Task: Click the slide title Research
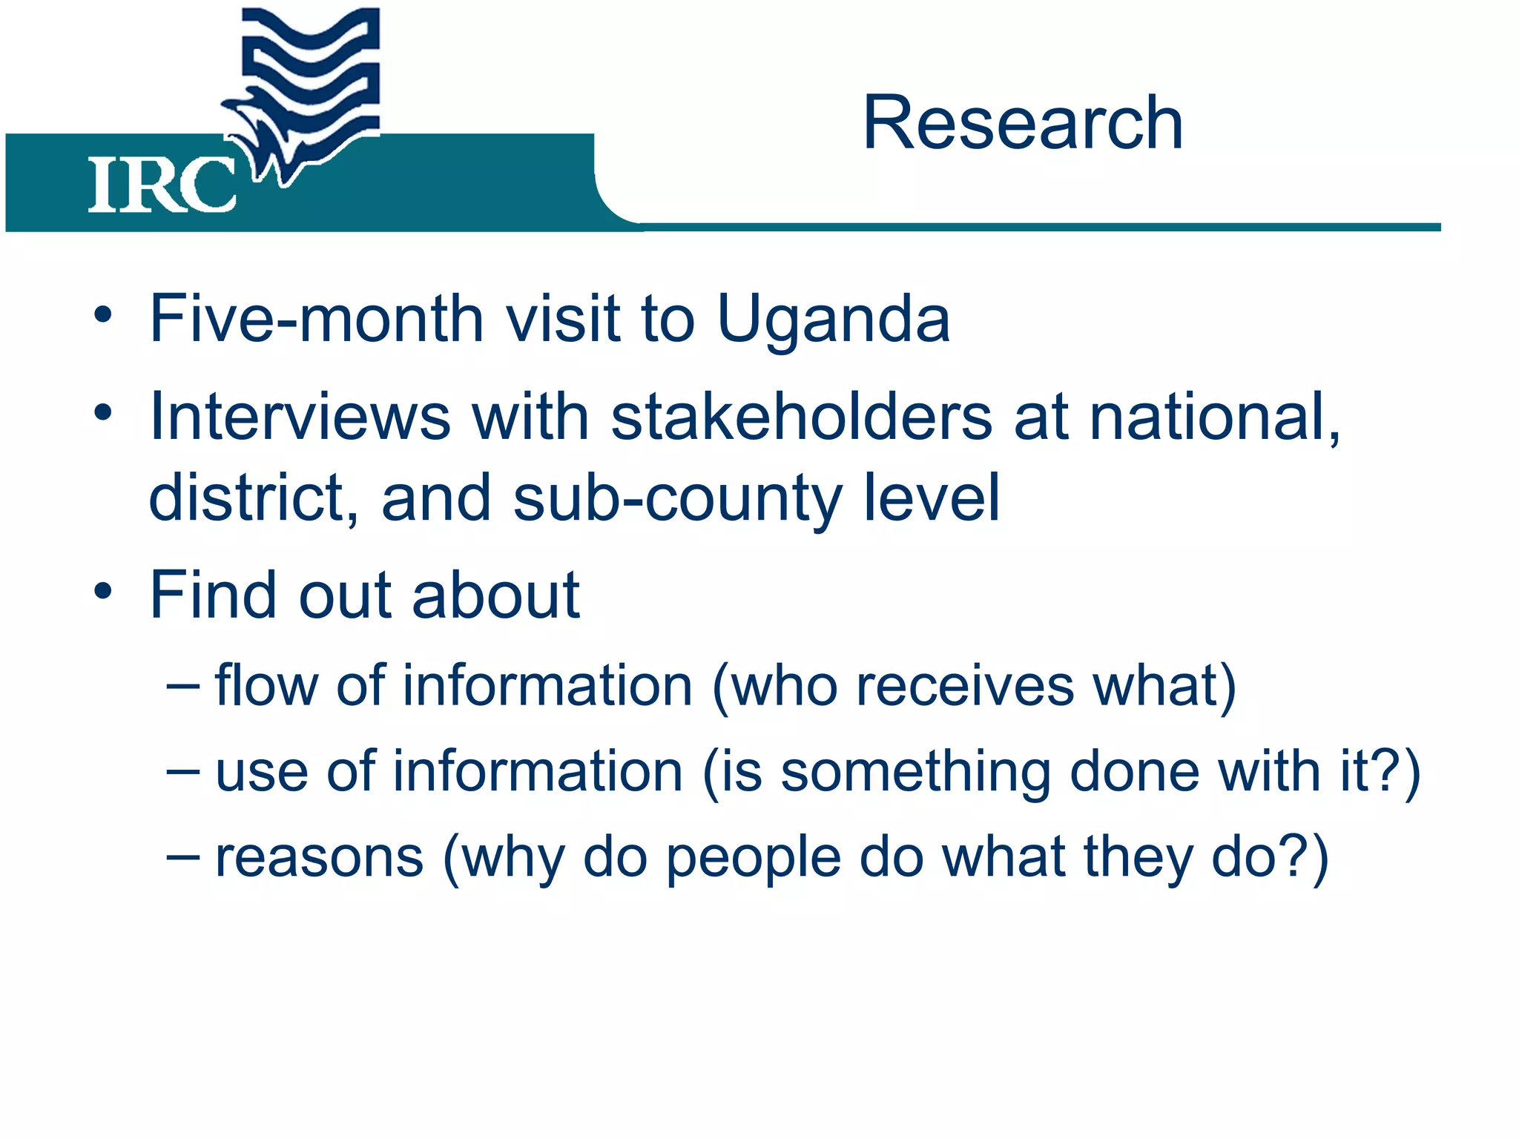[1022, 123]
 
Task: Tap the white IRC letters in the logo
[161, 185]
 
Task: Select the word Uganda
[833, 319]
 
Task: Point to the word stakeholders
[801, 417]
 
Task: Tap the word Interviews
[300, 417]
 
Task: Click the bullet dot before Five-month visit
[103, 316]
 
